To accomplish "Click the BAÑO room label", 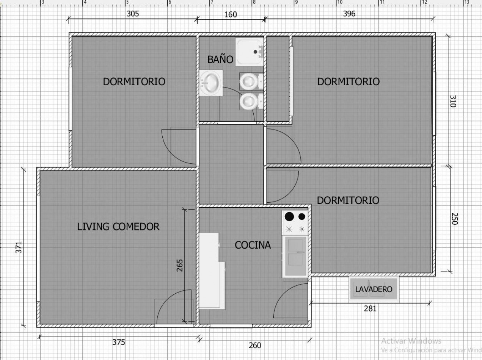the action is (x=220, y=59).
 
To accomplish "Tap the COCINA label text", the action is (x=253, y=245).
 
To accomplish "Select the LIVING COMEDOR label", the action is (x=118, y=227).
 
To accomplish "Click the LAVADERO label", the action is (x=374, y=290).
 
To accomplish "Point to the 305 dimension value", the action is (x=133, y=14).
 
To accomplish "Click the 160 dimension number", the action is (x=231, y=15).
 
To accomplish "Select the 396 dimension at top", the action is (x=349, y=14).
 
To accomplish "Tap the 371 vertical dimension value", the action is (x=19, y=247).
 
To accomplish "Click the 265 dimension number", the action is (x=180, y=265).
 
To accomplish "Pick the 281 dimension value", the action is (x=370, y=309).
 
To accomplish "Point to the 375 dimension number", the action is (x=119, y=342).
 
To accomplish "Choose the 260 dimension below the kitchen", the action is (x=255, y=346).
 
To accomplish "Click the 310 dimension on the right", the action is (x=453, y=101).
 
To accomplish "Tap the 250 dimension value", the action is (x=454, y=219).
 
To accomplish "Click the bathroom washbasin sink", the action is (x=211, y=83).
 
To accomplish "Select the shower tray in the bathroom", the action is (x=250, y=52).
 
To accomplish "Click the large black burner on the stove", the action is (x=289, y=216).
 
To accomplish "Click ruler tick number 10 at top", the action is (x=340, y=2).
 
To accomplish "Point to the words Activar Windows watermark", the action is (x=411, y=341).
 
